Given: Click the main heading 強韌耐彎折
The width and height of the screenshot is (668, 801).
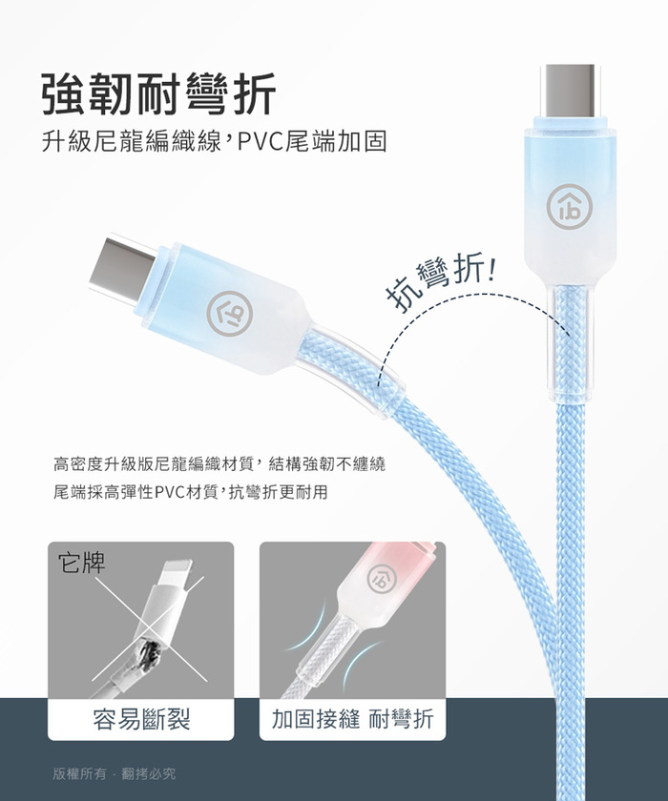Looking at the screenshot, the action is (158, 94).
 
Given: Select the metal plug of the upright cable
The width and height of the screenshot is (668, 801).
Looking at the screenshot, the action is (570, 91).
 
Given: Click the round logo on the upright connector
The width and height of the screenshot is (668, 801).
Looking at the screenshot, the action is (569, 206).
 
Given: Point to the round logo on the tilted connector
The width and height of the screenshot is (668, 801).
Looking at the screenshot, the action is (230, 314).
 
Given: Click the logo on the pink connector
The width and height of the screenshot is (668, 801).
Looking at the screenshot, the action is (382, 576).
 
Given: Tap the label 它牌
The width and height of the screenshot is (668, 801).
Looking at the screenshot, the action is (82, 563).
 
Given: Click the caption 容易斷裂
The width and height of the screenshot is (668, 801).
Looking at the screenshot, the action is (141, 719).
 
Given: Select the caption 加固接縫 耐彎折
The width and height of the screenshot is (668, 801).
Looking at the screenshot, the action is (352, 719).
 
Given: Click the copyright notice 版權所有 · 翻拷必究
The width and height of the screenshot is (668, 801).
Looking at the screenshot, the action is (114, 774).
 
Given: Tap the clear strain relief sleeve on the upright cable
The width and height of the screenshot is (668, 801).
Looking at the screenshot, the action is (569, 343).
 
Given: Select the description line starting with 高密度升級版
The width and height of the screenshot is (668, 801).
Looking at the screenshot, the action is (219, 464).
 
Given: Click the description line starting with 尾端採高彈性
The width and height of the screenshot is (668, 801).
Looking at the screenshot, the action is (190, 492).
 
